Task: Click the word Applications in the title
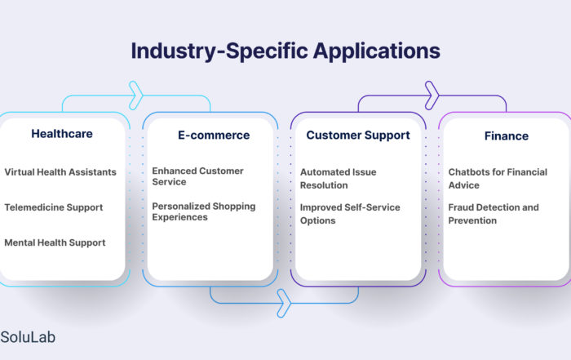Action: [377, 51]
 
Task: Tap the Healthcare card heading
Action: [62, 134]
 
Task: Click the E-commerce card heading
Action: [214, 136]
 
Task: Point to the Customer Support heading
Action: [358, 136]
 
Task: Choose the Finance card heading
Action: [507, 136]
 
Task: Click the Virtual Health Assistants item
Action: [60, 172]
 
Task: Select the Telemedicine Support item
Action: [54, 207]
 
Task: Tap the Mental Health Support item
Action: [55, 242]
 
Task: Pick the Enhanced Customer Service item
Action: [197, 176]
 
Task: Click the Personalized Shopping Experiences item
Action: [204, 211]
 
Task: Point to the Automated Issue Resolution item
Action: [339, 179]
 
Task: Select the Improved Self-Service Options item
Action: [350, 214]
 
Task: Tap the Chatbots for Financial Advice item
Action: [498, 179]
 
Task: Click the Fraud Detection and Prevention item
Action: [494, 214]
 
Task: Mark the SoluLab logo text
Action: [28, 337]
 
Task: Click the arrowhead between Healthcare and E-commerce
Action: [136, 96]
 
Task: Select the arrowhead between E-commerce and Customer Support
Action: [284, 303]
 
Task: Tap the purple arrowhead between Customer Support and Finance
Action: [432, 96]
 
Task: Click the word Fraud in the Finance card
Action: [460, 207]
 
